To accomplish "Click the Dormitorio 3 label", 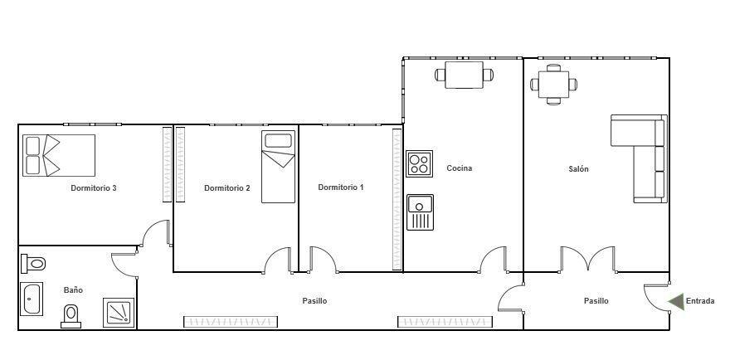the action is point(94,188).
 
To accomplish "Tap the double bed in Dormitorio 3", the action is point(59,156).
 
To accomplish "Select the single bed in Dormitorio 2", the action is point(279,167).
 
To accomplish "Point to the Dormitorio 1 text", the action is point(341,187).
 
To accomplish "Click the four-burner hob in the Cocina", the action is point(420,163).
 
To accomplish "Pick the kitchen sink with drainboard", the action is point(420,212).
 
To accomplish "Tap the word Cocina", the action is point(460,168).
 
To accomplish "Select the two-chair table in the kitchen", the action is point(465,75).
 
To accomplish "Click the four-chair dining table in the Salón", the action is point(553,85).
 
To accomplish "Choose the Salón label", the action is point(579,169).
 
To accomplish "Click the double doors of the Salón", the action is point(588,259).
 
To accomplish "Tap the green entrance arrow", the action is point(676,301).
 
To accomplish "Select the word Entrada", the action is point(700,301).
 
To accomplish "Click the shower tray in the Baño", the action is point(119,313).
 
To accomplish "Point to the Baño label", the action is point(73,290).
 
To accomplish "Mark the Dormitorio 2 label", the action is point(227,188).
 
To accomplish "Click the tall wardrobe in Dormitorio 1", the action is point(397,199).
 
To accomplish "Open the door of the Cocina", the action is point(494,260).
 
